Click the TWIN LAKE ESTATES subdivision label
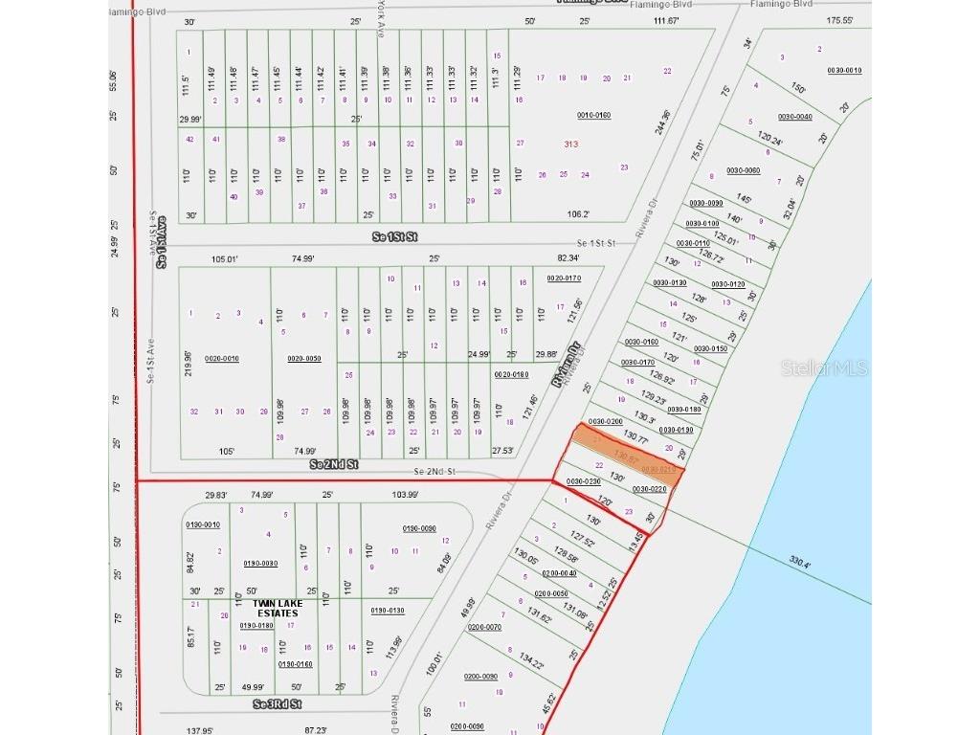click(x=275, y=608)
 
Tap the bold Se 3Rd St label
click(x=277, y=704)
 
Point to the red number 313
click(x=571, y=144)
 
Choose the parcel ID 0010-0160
click(x=593, y=115)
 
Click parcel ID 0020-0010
click(x=221, y=359)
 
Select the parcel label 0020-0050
click(x=303, y=359)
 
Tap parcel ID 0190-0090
click(x=419, y=528)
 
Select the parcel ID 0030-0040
click(x=794, y=117)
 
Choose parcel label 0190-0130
click(x=388, y=611)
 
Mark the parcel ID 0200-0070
click(x=484, y=627)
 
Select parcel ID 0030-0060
click(x=743, y=170)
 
